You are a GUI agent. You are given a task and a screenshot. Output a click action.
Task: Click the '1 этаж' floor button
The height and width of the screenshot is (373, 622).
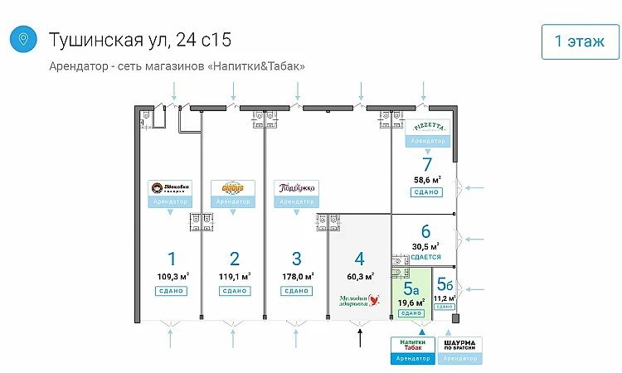[580, 41]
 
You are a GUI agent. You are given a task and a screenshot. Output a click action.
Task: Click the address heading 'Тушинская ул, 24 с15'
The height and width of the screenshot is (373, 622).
[140, 39]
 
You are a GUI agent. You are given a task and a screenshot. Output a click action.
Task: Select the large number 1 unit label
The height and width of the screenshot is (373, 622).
[172, 258]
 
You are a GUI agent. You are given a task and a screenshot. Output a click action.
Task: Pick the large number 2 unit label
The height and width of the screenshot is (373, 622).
[235, 258]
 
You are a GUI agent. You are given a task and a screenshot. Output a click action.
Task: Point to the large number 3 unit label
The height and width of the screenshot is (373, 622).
[296, 258]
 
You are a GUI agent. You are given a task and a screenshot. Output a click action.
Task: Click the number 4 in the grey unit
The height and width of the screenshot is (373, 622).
[359, 258]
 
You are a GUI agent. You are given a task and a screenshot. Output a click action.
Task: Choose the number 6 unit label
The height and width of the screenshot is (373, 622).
[425, 231]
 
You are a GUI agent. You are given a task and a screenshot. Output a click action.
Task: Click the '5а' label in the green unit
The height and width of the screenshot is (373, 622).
[411, 289]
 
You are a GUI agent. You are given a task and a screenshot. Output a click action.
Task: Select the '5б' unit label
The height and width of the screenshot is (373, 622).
[445, 284]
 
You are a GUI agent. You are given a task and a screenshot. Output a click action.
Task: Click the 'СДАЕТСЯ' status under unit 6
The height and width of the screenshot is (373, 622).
[425, 257]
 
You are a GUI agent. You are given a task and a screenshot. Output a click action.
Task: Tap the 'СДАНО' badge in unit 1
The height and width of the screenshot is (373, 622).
[171, 291]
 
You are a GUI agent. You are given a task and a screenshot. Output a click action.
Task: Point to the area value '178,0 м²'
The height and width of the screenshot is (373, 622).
[298, 276]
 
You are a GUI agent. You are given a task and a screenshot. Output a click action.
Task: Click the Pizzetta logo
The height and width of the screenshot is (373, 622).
[430, 127]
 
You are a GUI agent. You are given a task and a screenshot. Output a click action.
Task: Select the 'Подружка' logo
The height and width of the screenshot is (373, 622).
[296, 187]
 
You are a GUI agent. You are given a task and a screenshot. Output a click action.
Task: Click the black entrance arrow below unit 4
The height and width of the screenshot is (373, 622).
[360, 337]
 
